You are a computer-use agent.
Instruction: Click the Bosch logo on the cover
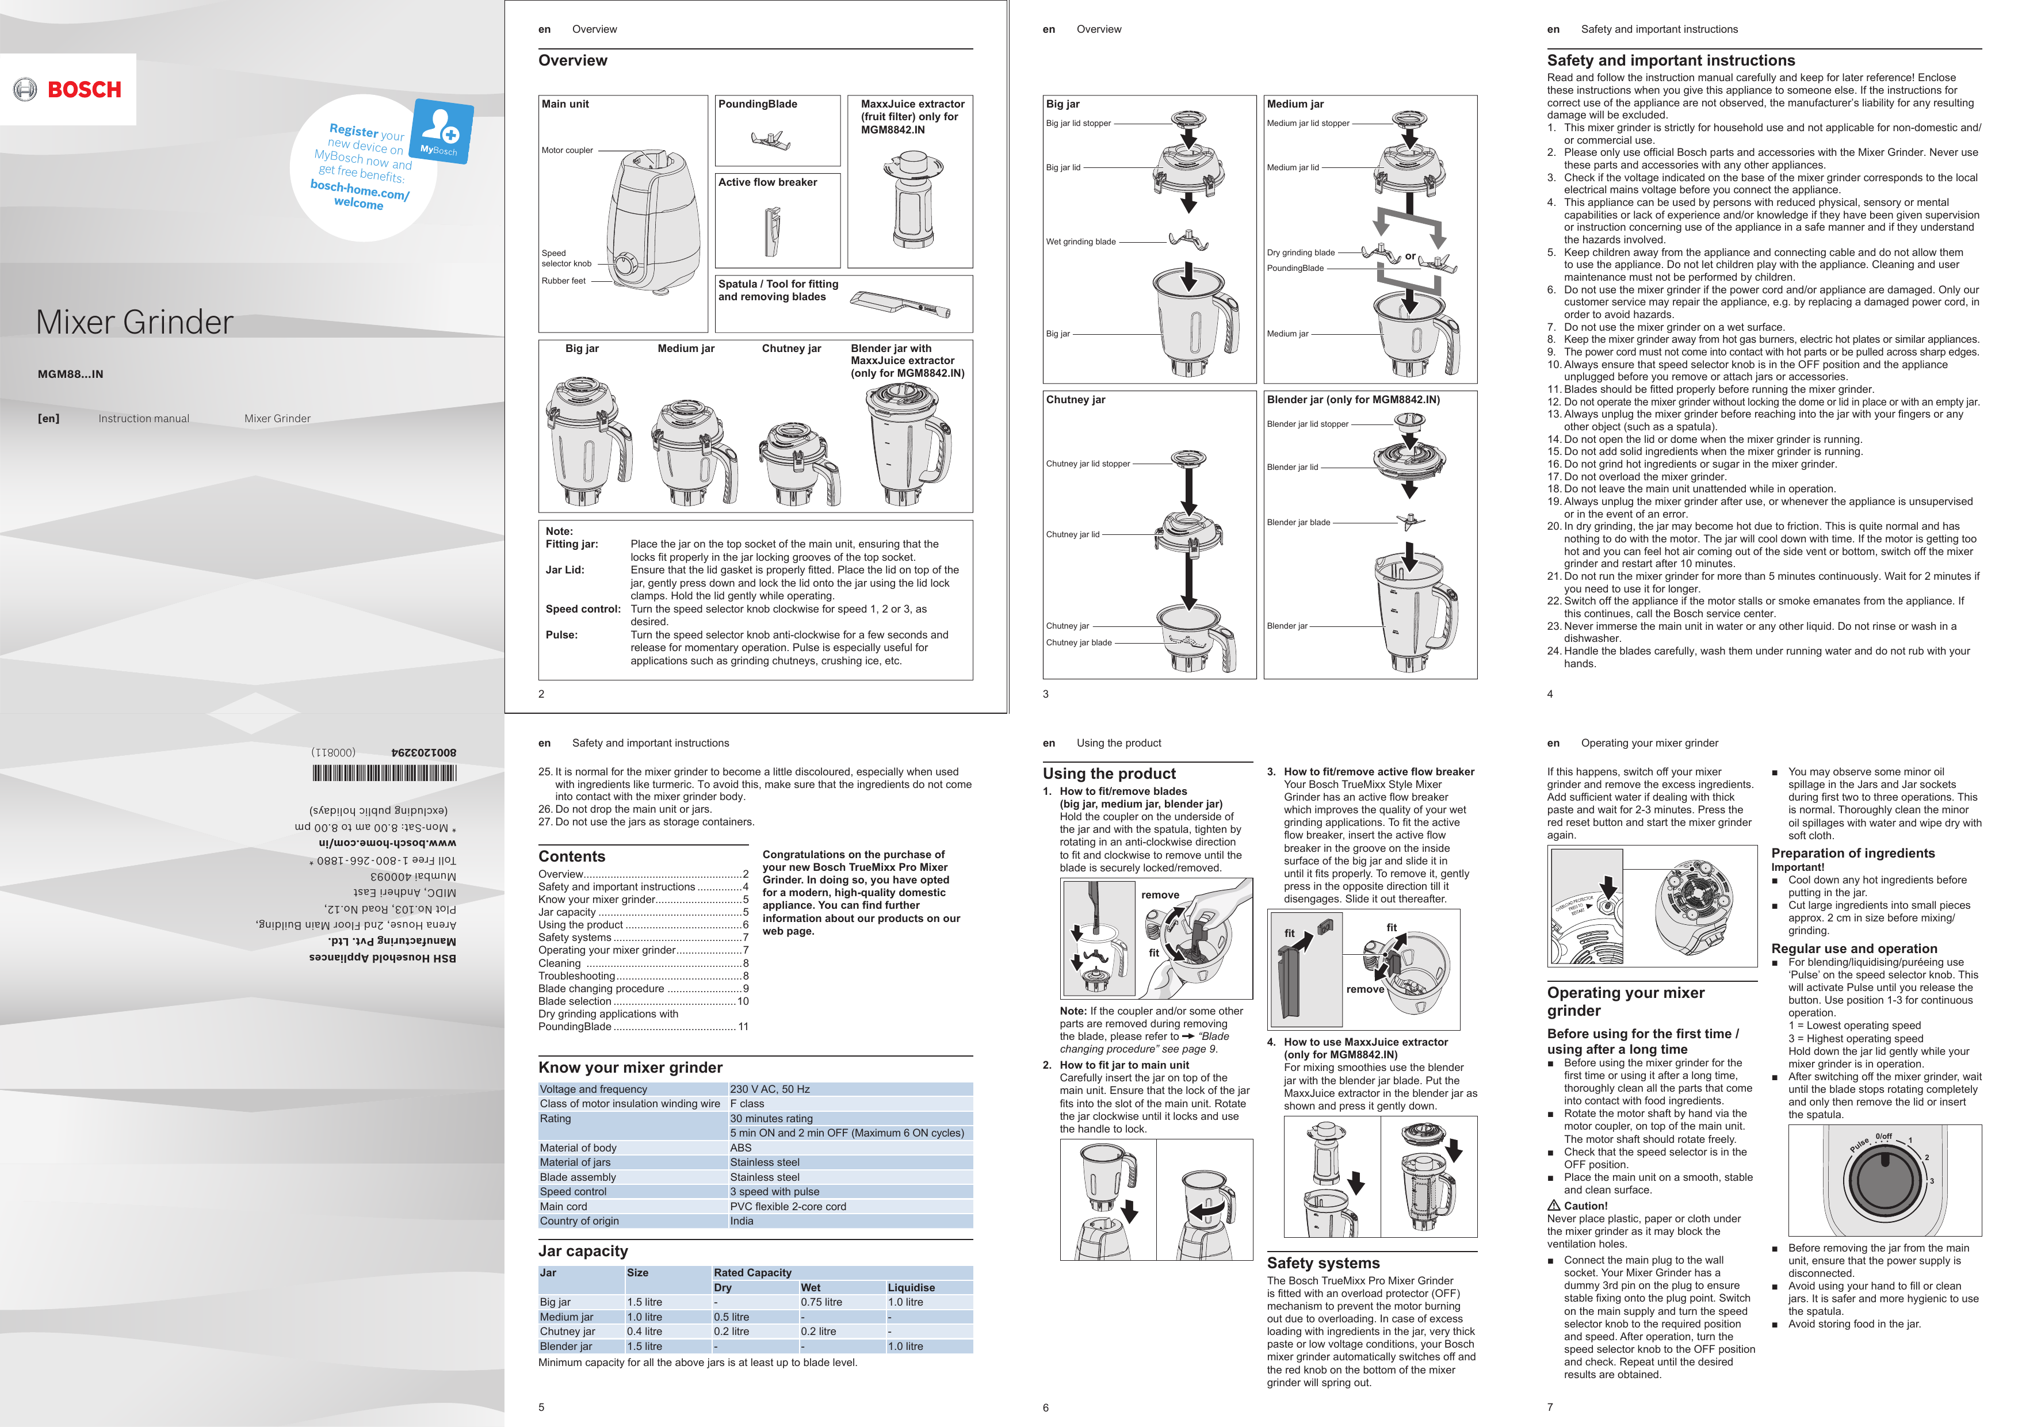point(68,90)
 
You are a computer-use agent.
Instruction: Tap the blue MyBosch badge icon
point(442,132)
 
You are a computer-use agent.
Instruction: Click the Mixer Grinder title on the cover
point(135,323)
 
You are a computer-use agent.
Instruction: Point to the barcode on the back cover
point(384,773)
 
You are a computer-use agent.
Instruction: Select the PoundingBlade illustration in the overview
point(767,139)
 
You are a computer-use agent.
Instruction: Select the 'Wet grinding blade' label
point(1080,242)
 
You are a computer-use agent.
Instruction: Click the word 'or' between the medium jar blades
point(1410,257)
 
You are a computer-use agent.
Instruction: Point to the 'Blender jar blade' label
point(1298,523)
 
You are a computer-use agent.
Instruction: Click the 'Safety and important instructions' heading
point(1670,60)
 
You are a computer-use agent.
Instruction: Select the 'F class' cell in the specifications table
point(747,1104)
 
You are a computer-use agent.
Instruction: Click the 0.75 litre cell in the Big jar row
point(821,1302)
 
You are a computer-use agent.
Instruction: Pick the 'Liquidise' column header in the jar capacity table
point(911,1287)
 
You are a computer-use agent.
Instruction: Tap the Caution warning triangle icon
point(1554,1206)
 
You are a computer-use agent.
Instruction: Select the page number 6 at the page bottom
point(1045,1407)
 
